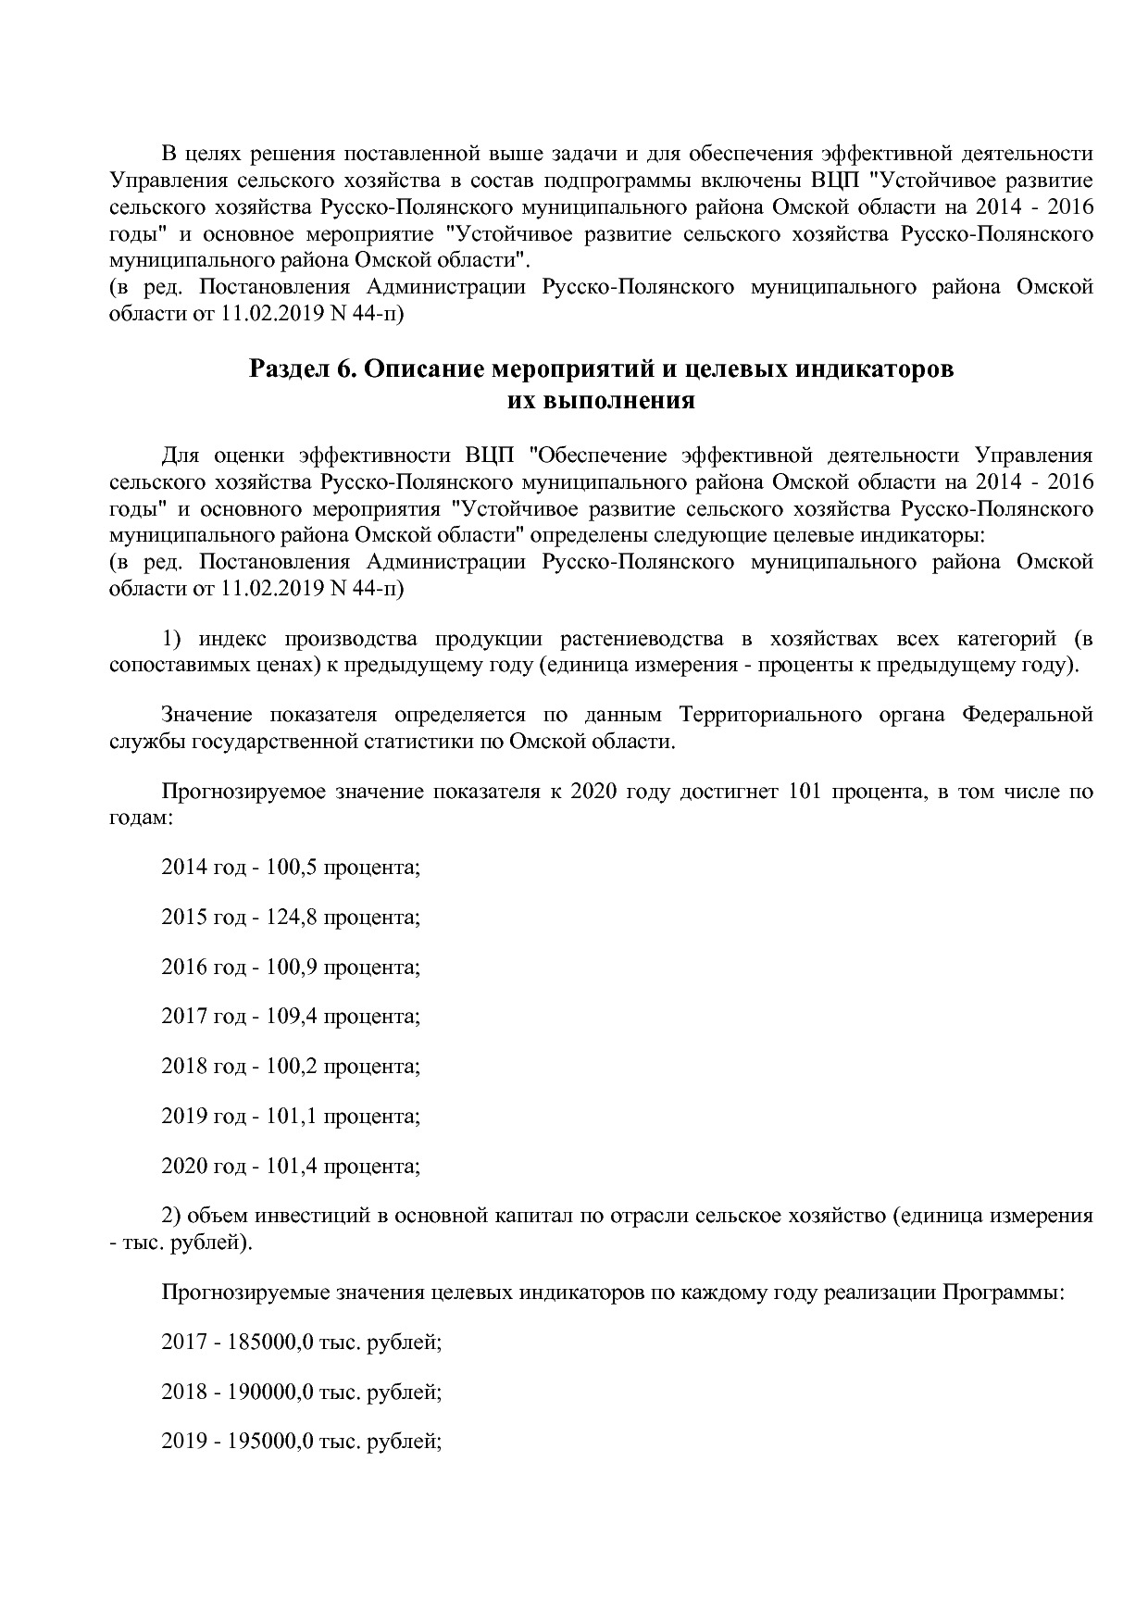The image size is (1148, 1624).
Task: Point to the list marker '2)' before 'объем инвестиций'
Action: tap(170, 1216)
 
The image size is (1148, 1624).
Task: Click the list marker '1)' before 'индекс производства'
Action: tap(170, 639)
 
